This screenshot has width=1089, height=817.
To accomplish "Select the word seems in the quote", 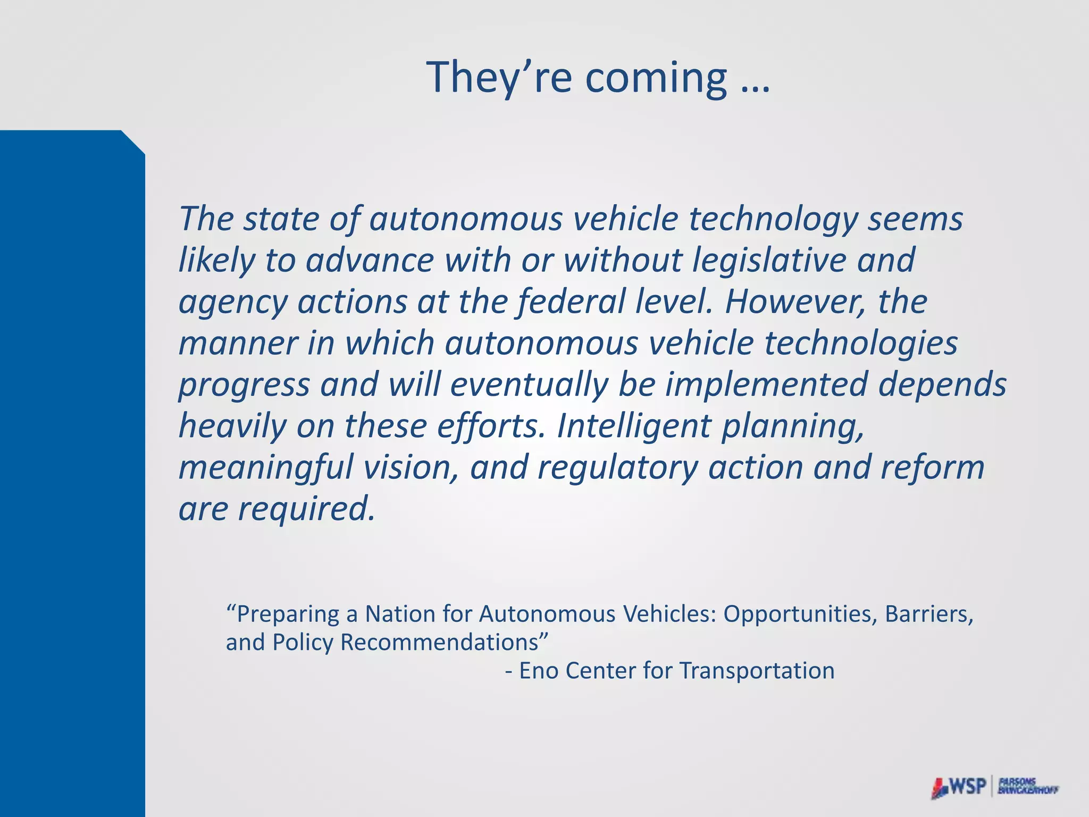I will coord(915,219).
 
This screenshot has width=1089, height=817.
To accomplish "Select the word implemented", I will coord(766,385).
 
